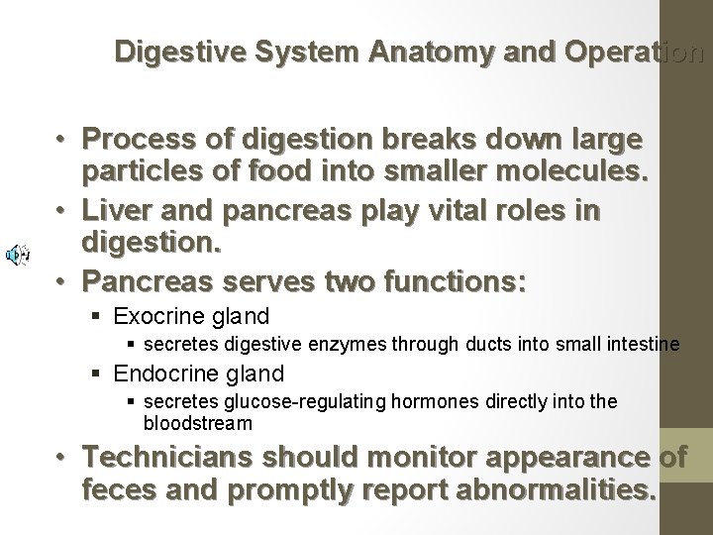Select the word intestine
640,345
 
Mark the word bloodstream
198,423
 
